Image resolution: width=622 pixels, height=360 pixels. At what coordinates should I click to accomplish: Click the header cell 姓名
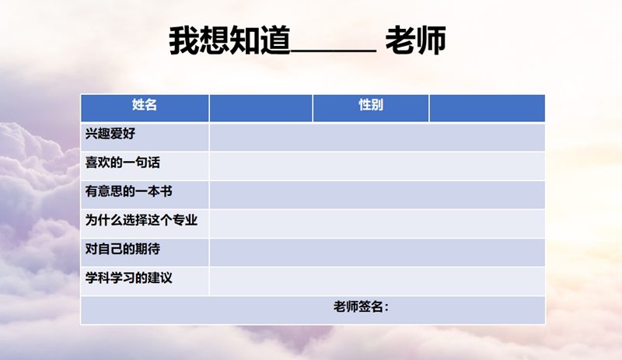coord(144,106)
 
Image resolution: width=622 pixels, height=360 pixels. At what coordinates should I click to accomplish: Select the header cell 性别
coord(370,106)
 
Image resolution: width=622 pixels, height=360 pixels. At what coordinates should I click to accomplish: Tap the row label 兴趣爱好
coord(110,135)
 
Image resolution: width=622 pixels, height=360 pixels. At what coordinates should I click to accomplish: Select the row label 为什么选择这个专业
coord(141,221)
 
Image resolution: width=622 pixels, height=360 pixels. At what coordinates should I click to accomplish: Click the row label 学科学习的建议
coord(128,278)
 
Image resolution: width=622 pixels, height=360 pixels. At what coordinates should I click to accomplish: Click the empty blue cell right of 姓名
coord(260,107)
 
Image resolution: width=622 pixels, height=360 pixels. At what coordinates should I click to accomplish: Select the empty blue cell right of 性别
coord(487,107)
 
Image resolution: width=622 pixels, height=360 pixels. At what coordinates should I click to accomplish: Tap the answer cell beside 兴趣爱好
coord(377,136)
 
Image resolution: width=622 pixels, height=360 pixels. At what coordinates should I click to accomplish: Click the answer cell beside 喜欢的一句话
coord(377,165)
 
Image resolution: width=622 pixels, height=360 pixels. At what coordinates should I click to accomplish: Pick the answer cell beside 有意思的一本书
coord(377,194)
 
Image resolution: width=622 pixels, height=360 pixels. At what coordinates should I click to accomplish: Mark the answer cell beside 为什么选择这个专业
coord(377,222)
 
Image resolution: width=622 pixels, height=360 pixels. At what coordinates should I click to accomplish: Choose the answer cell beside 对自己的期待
coord(377,251)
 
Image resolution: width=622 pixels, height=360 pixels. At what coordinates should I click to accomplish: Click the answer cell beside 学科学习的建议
coord(377,281)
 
